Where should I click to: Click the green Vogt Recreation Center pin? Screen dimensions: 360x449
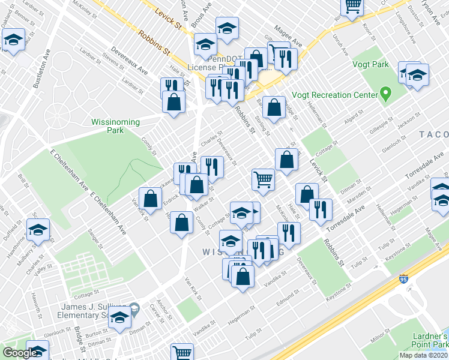[386, 94]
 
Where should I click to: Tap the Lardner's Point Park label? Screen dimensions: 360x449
[431, 341]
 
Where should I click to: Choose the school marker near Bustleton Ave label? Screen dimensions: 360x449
[13, 41]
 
